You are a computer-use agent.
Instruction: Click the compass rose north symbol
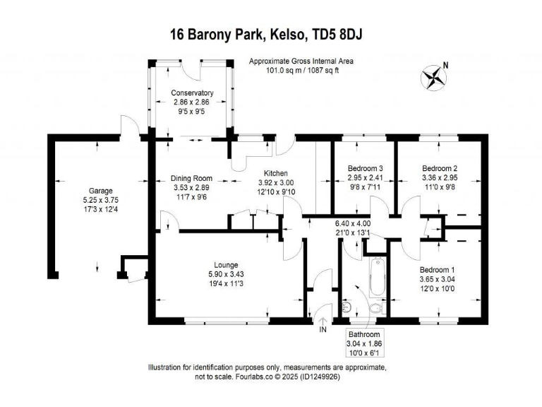(x=435, y=76)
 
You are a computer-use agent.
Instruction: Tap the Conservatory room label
(x=193, y=93)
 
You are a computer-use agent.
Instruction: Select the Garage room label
(x=100, y=190)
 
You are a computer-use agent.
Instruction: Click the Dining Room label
(x=193, y=178)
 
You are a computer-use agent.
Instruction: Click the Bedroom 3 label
(x=366, y=167)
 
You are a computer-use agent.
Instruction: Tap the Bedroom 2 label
(x=440, y=167)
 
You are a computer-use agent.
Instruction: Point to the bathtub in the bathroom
(x=377, y=278)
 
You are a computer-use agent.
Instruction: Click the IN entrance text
(x=323, y=330)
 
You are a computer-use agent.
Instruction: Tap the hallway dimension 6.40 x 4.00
(x=352, y=224)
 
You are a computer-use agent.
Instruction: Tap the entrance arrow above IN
(x=323, y=320)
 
